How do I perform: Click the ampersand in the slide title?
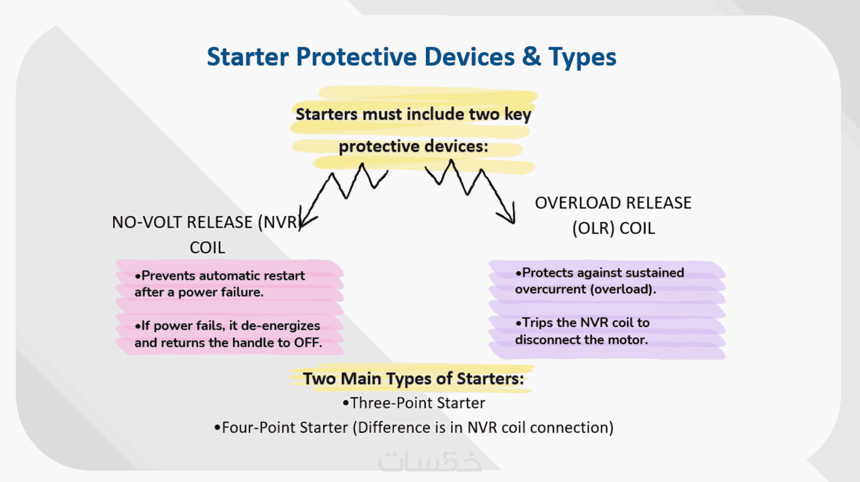(x=531, y=57)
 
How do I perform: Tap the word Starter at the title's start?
(x=248, y=57)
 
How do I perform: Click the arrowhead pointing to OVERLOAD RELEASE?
(x=507, y=215)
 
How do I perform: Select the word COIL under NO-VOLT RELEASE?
(x=207, y=248)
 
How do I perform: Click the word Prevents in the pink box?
(x=165, y=275)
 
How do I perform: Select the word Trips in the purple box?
(x=537, y=323)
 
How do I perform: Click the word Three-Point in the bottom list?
(x=392, y=403)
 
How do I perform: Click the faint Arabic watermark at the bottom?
(x=429, y=461)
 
